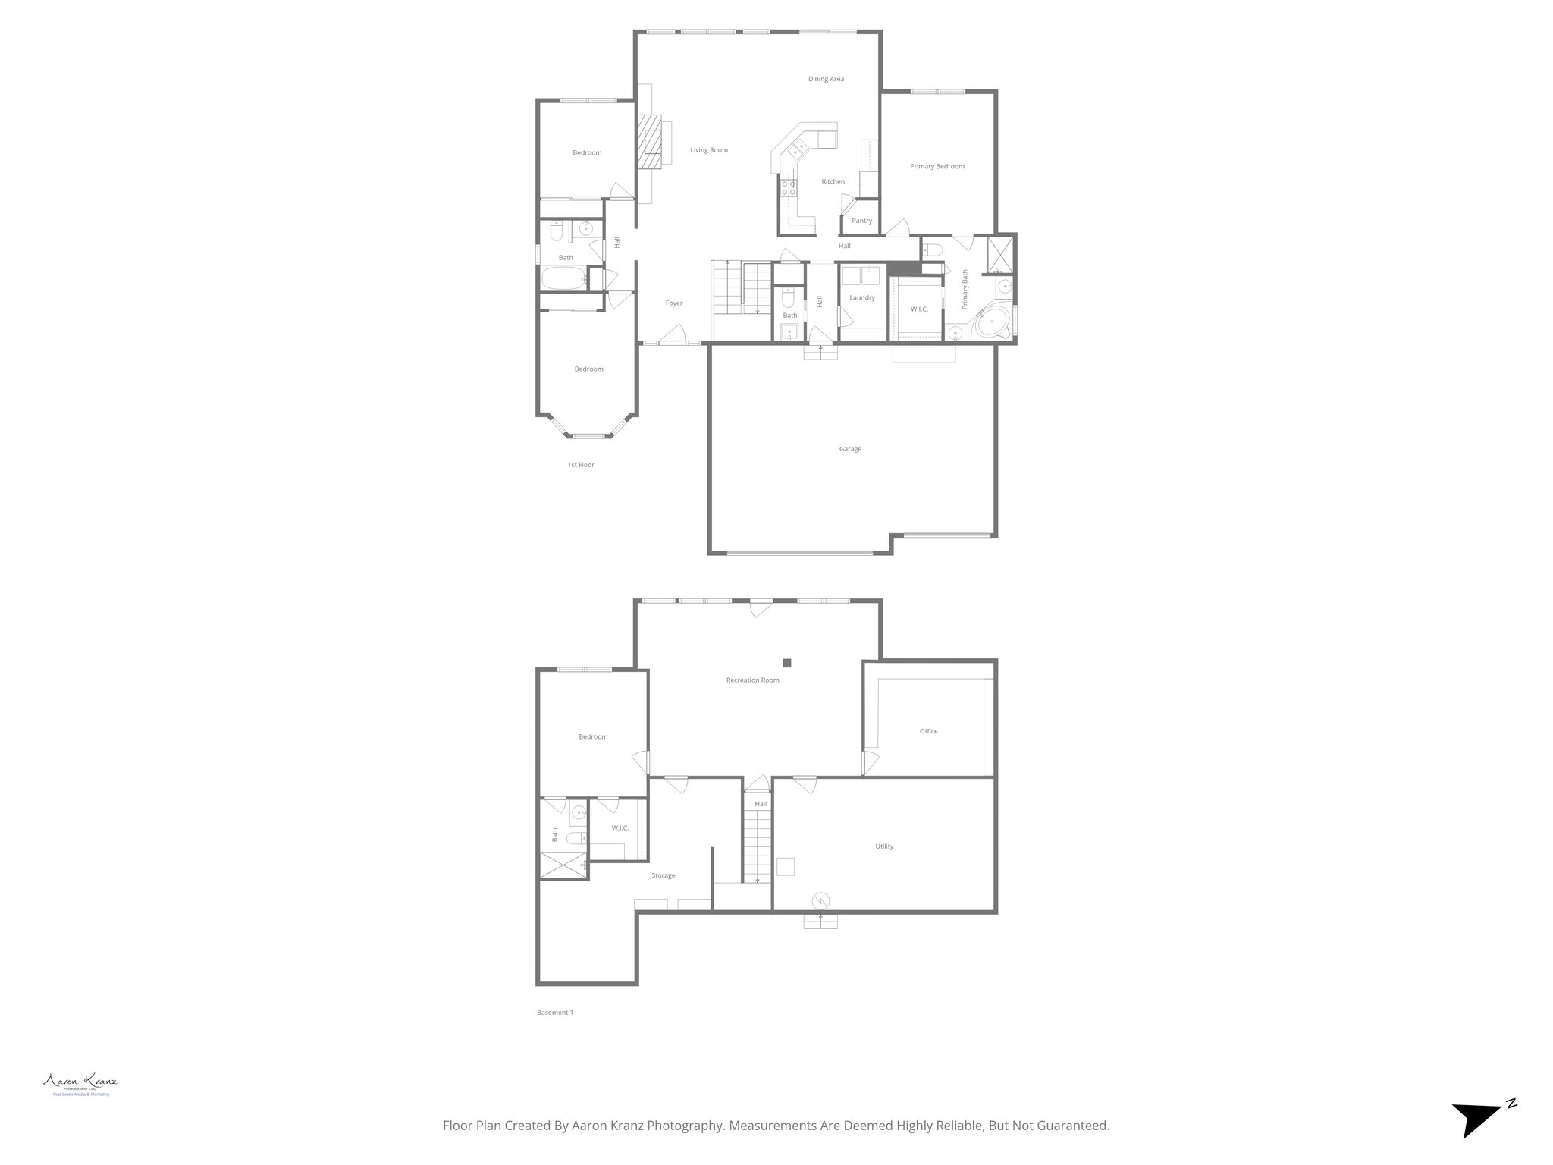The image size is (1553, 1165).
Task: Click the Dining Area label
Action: click(x=826, y=79)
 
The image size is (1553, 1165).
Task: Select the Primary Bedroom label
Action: click(x=937, y=166)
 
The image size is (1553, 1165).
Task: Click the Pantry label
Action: click(x=861, y=221)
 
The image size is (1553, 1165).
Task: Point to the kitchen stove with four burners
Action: click(x=788, y=187)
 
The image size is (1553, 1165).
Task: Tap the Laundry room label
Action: click(x=862, y=297)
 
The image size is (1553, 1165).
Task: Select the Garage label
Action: click(x=850, y=449)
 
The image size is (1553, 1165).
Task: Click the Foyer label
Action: click(x=674, y=303)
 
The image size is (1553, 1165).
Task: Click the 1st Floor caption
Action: click(x=581, y=465)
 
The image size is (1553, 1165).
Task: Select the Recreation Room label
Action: click(x=752, y=680)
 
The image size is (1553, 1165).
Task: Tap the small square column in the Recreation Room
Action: click(x=788, y=662)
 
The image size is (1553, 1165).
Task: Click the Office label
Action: click(x=928, y=731)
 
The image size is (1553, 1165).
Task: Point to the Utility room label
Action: click(x=884, y=846)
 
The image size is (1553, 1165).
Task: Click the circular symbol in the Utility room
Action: click(x=820, y=900)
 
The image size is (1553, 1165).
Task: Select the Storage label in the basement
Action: click(x=664, y=875)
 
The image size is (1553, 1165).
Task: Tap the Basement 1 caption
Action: click(x=555, y=1013)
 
